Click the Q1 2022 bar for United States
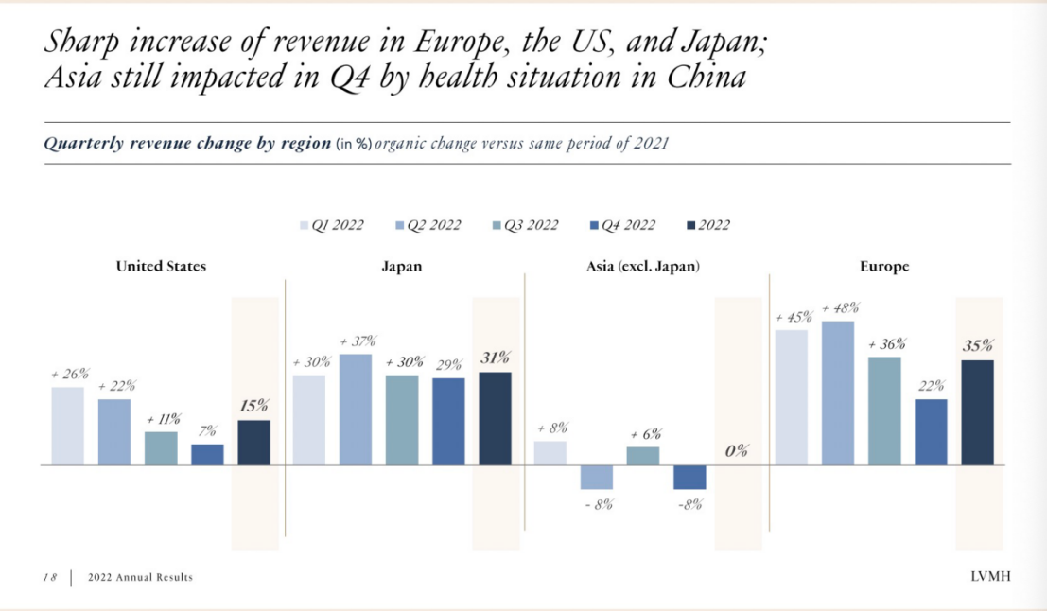pos(67,426)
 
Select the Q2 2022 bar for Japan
pos(356,410)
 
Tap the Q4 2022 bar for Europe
pos(932,431)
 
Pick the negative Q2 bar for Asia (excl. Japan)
pos(597,477)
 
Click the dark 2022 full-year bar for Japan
pos(495,418)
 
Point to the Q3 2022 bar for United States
pos(161,448)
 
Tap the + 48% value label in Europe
pos(841,308)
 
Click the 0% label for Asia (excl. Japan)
pos(737,451)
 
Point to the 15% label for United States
pos(253,406)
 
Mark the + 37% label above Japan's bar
pos(357,341)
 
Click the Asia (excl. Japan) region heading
pos(643,267)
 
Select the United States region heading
pos(161,267)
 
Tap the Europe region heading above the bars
pos(883,267)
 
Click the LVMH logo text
pos(989,577)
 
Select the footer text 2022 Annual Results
pos(140,577)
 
